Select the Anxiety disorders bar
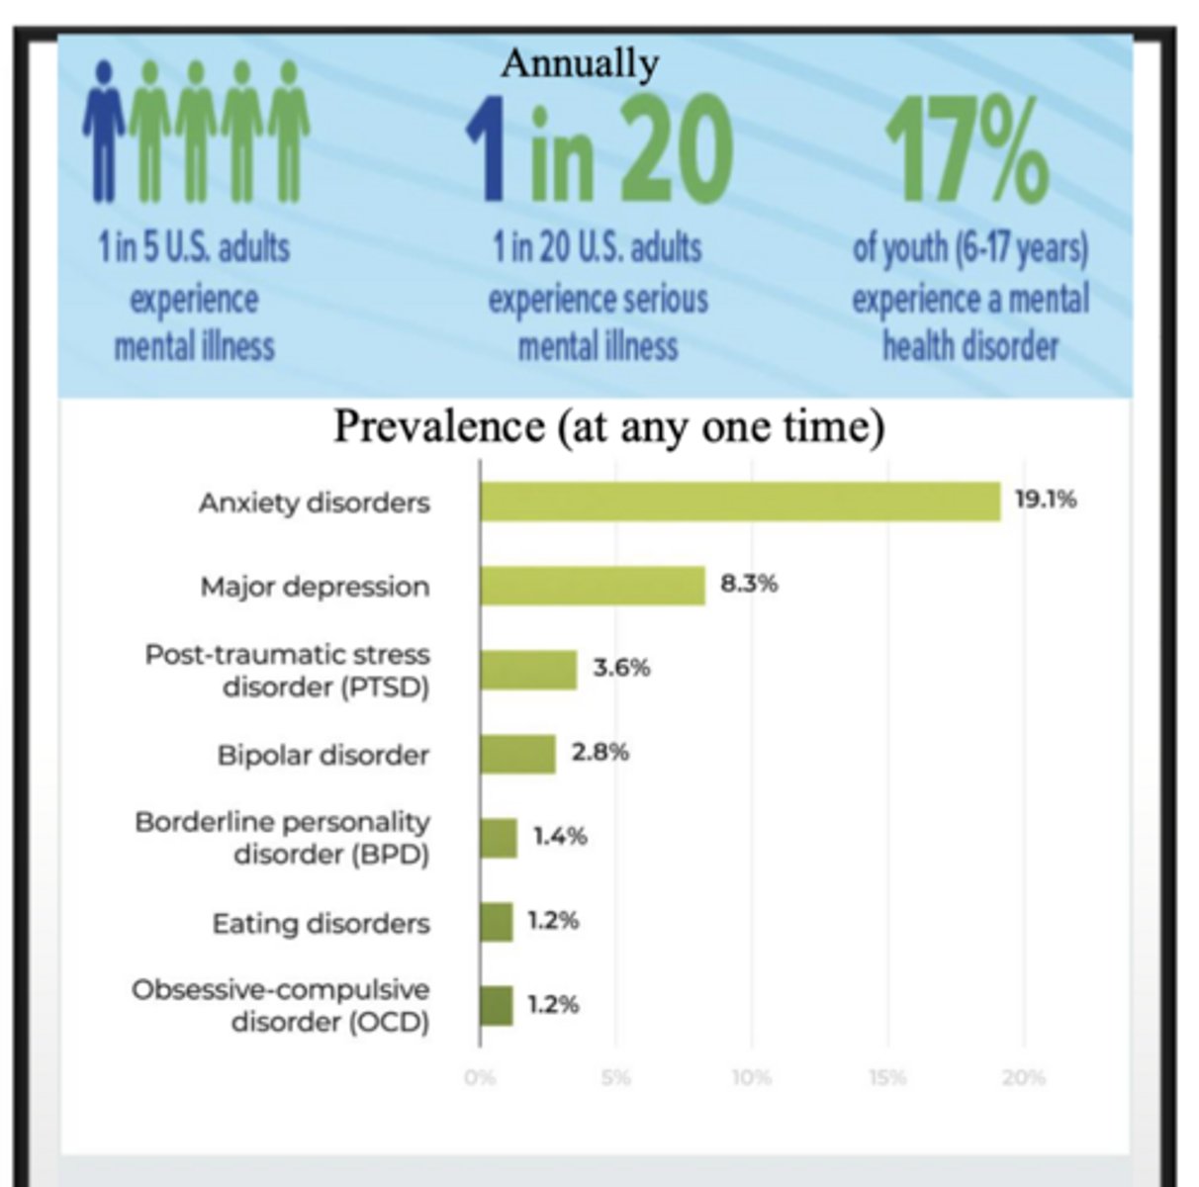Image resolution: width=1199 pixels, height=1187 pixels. pyautogui.click(x=740, y=502)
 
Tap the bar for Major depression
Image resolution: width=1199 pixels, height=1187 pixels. pyautogui.click(x=593, y=586)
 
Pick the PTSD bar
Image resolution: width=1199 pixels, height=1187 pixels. pyautogui.click(x=528, y=670)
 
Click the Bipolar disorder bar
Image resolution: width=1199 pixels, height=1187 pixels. pyautogui.click(x=517, y=754)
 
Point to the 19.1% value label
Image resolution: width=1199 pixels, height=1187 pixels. pyautogui.click(x=1045, y=500)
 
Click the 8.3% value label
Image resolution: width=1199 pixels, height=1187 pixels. pyautogui.click(x=749, y=584)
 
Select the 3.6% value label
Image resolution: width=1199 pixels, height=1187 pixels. pyautogui.click(x=621, y=668)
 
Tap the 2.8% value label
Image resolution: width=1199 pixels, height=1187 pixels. pyautogui.click(x=599, y=752)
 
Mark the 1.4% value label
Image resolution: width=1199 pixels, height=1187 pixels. pyautogui.click(x=560, y=836)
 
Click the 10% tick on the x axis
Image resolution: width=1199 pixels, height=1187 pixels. pyautogui.click(x=751, y=1077)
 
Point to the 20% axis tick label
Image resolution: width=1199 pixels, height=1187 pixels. pyautogui.click(x=1023, y=1077)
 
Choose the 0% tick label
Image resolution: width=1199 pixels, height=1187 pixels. pyautogui.click(x=480, y=1077)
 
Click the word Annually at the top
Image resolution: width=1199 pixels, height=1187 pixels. pyautogui.click(x=579, y=63)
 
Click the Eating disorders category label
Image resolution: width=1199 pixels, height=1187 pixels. pyautogui.click(x=321, y=923)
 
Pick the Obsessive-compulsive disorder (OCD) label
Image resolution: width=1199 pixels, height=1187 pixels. pyautogui.click(x=281, y=1005)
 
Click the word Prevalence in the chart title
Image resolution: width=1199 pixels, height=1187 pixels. pyautogui.click(x=438, y=426)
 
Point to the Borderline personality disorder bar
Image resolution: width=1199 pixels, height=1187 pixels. pyautogui.click(x=499, y=838)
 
